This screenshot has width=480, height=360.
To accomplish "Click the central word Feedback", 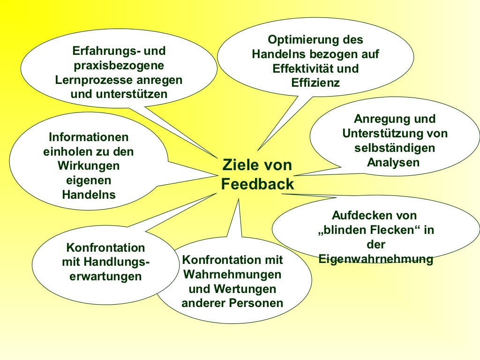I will click(257, 185).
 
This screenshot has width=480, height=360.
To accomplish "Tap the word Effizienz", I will click(315, 83).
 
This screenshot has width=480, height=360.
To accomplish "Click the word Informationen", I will click(89, 137).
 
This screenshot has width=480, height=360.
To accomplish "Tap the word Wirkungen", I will click(89, 166).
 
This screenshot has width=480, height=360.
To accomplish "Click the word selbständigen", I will click(395, 148).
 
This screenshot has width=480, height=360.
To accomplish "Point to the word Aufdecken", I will click(360, 215).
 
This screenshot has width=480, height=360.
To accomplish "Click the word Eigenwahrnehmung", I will click(375, 259).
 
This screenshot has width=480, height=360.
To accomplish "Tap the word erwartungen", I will click(105, 277).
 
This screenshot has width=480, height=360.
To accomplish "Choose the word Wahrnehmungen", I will click(232, 274).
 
